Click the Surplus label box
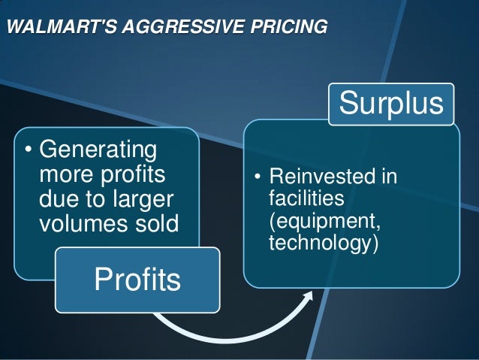(x=391, y=103)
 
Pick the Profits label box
(x=137, y=280)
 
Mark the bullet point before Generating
(x=28, y=150)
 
